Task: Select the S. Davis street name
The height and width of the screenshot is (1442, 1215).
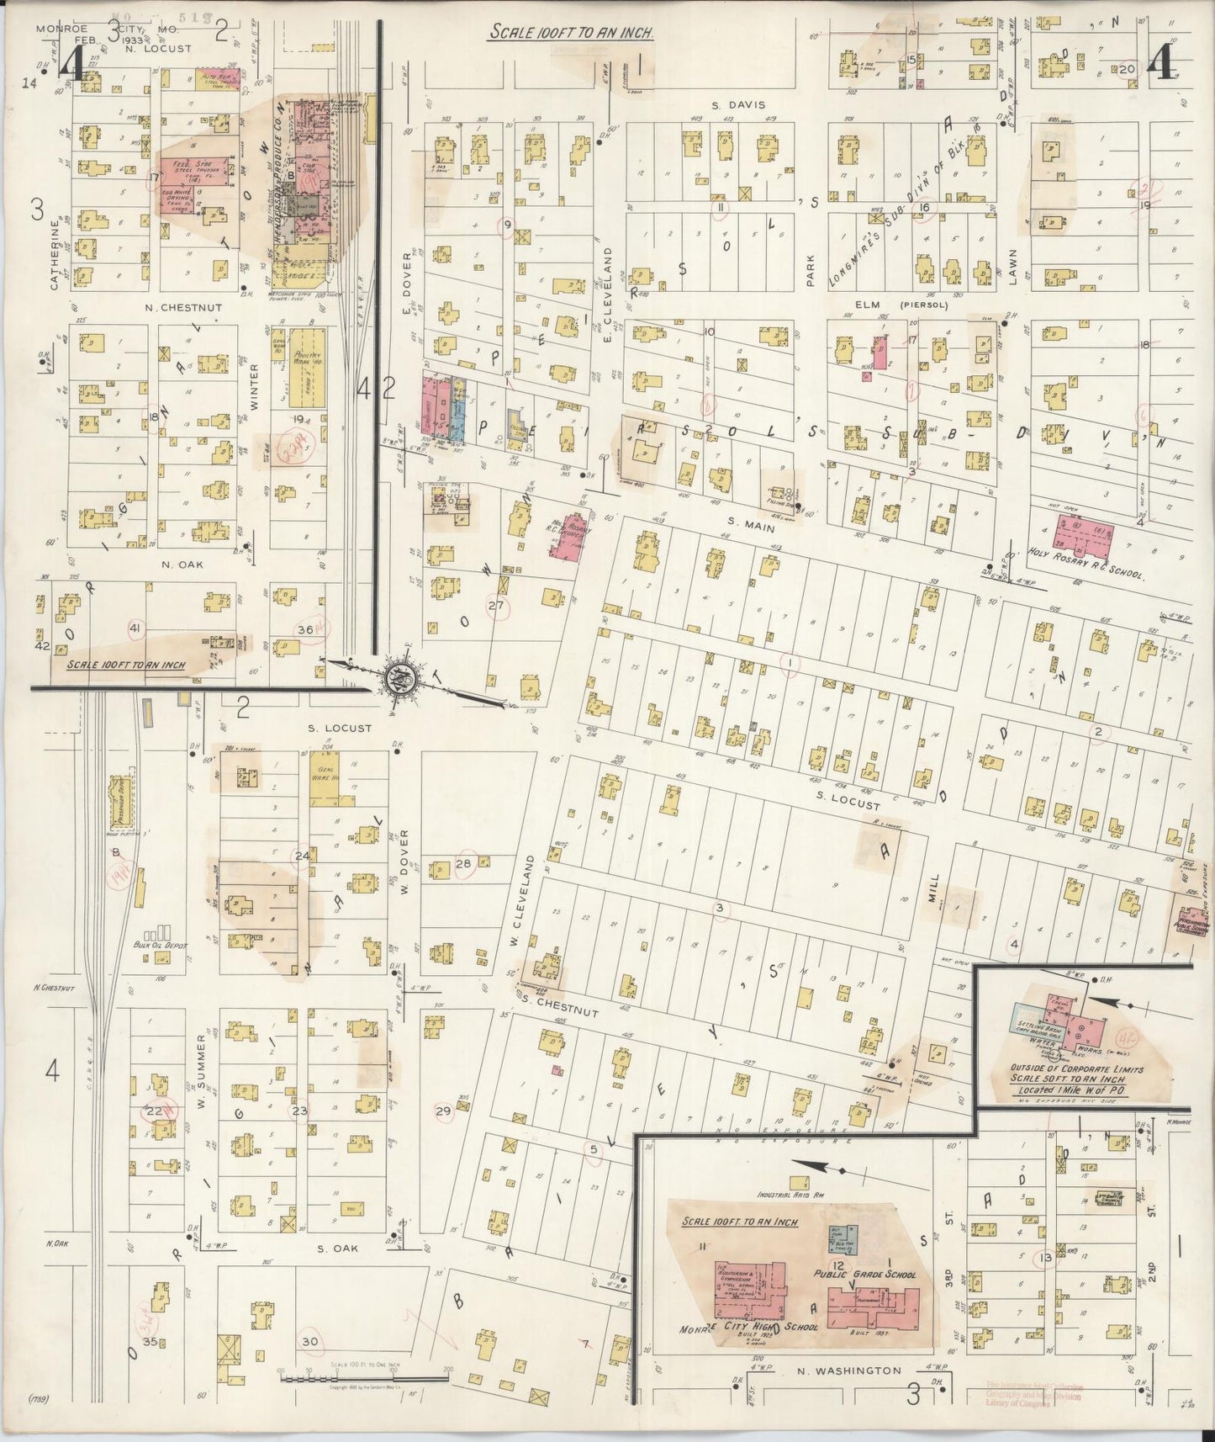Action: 728,105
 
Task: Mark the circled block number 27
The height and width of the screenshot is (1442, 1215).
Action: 495,605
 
